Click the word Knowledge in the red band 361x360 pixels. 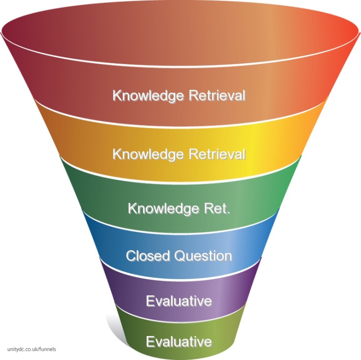tap(142, 95)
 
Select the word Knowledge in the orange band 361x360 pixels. tap(142, 154)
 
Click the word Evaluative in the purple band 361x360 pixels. tap(179, 301)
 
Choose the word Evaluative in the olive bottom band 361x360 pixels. tap(179, 341)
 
